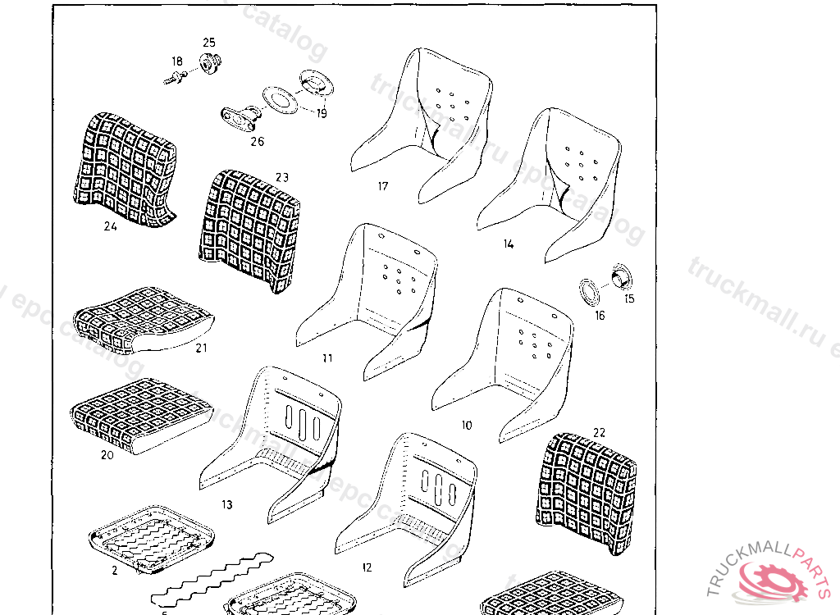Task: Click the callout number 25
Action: pos(208,42)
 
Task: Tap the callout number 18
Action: pos(177,61)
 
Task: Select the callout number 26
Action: pos(258,141)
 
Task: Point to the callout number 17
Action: pos(383,186)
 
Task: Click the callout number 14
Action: pos(509,244)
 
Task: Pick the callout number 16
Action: pos(600,316)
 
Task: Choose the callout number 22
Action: pos(599,432)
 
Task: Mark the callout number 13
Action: pos(227,504)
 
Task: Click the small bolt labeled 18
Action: pos(175,78)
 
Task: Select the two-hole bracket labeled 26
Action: pos(238,120)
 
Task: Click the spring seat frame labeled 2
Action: pos(152,537)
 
